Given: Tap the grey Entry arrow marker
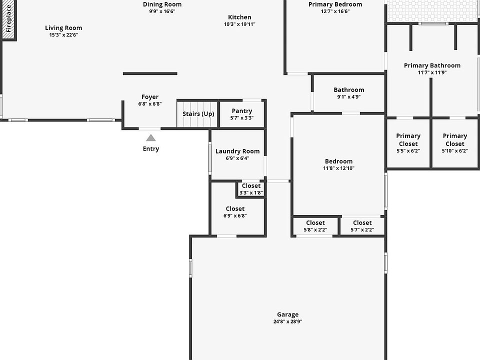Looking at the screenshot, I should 150,137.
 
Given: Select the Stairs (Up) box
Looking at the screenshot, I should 198,114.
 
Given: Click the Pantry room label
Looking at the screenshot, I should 242,111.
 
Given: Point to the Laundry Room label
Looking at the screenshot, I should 237,151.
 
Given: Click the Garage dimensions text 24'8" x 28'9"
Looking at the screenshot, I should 287,321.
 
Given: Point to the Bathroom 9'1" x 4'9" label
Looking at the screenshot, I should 349,90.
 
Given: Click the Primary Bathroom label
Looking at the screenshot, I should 432,65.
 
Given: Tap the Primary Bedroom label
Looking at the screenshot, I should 335,4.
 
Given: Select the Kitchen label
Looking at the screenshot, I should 240,17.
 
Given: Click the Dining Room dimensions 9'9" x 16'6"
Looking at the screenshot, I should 162,11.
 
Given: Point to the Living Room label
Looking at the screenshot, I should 63,28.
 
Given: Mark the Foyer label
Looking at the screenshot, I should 150,97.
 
